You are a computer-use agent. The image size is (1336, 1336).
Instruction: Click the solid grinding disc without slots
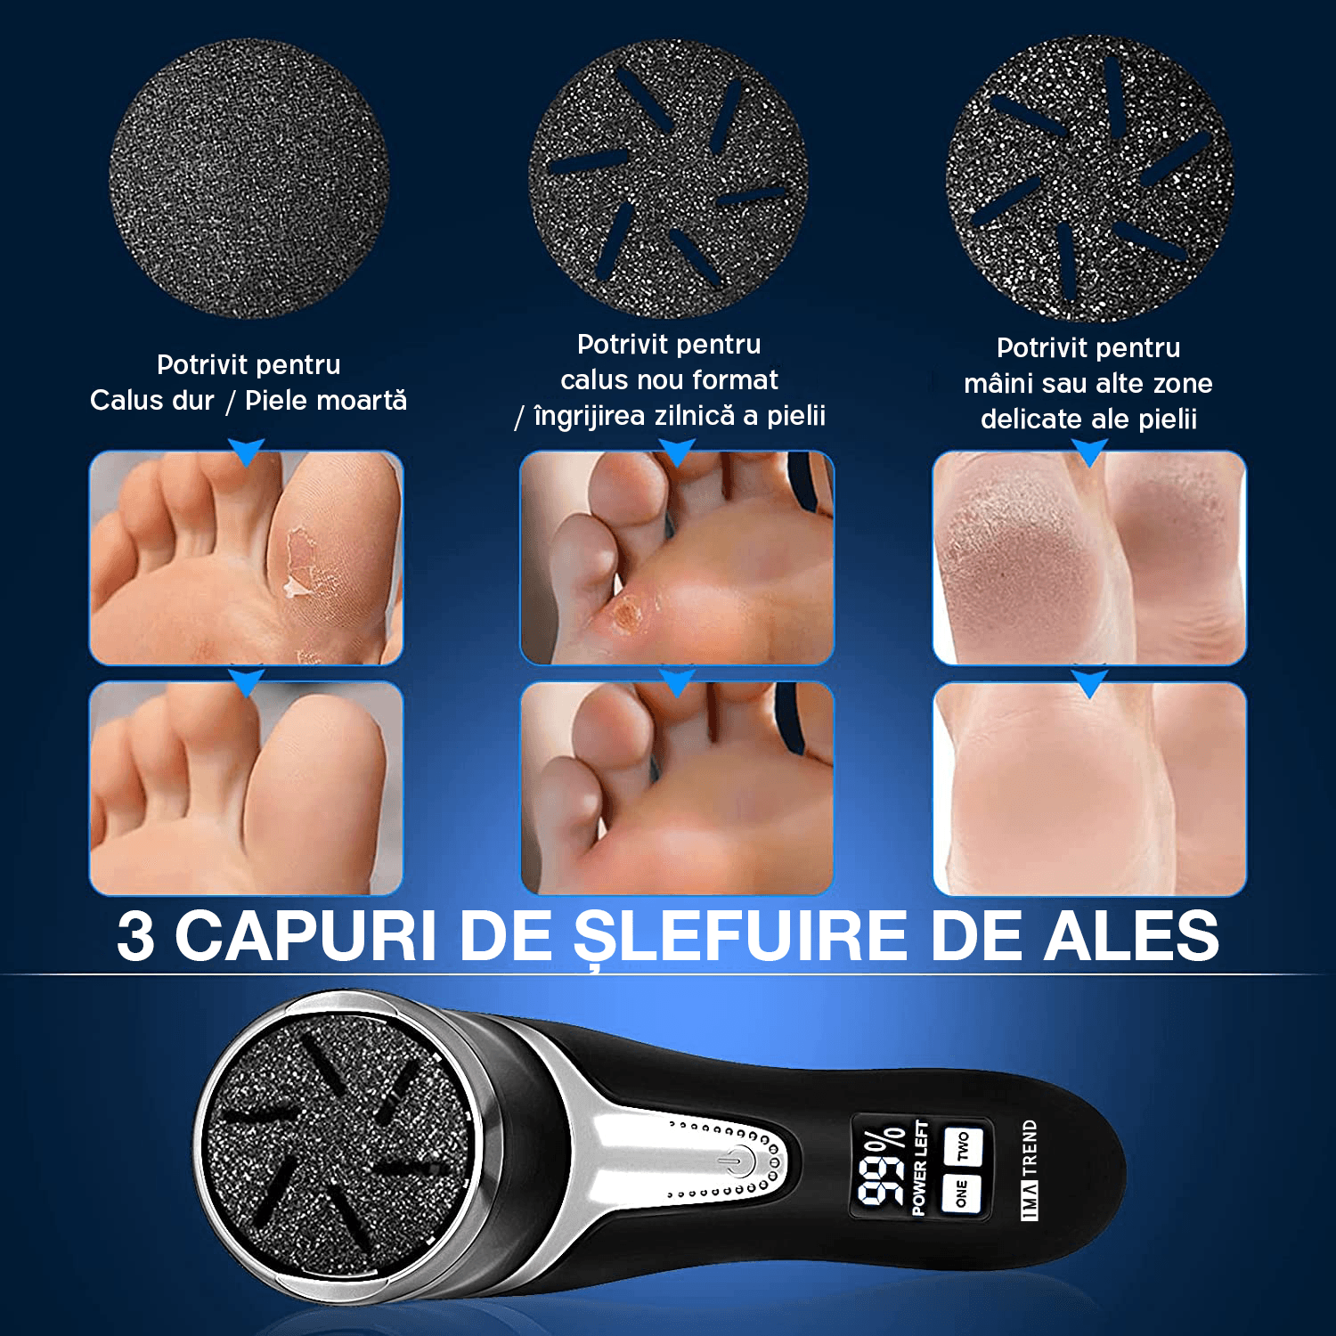coord(248,178)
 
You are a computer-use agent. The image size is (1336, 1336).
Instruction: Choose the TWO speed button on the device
coord(963,1146)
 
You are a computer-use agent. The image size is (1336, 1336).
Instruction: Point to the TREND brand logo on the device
coord(1030,1169)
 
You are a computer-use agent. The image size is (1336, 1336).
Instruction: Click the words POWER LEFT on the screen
coord(920,1168)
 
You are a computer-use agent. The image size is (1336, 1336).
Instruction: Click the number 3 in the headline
coord(135,936)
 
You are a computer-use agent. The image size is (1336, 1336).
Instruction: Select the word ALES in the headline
coord(1132,936)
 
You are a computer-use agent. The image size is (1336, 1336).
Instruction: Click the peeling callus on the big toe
coord(301,561)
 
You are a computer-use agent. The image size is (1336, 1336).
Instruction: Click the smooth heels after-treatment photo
coord(1089,789)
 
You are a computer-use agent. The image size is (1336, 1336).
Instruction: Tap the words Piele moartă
coord(326,401)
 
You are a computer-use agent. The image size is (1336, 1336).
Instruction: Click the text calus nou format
coord(669,380)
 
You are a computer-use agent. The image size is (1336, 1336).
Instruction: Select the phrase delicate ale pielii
coord(1088,419)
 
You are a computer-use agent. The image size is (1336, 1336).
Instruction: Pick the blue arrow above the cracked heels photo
coord(1089,452)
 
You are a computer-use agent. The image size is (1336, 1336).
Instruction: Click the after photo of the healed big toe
coord(246,788)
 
